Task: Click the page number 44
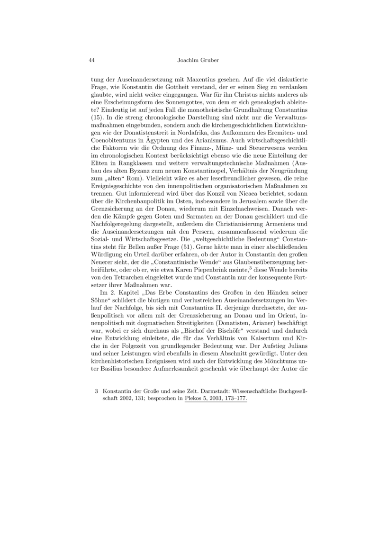(92, 60)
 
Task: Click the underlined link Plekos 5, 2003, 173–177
(216, 399)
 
